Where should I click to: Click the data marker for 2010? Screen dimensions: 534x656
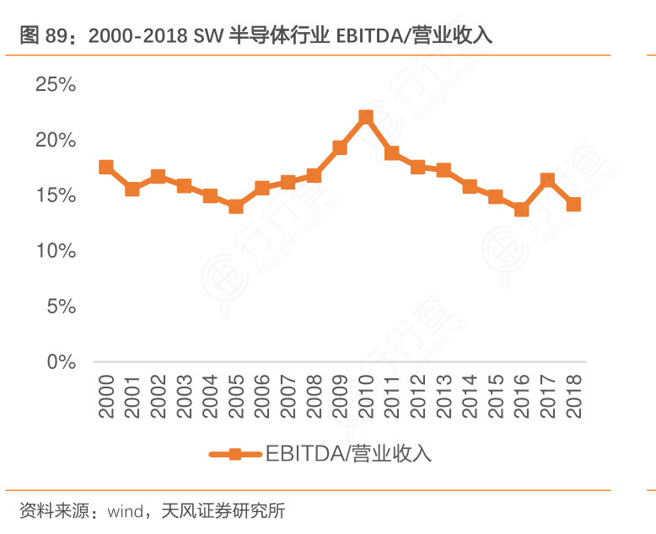pyautogui.click(x=366, y=118)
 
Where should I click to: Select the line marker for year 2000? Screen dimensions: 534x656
pyautogui.click(x=106, y=168)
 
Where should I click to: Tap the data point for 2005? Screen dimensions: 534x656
pyautogui.click(x=236, y=206)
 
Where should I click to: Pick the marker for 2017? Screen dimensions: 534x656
pyautogui.click(x=547, y=180)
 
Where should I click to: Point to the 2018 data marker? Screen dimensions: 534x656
pyautogui.click(x=573, y=205)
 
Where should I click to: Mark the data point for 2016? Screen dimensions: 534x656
pyautogui.click(x=521, y=210)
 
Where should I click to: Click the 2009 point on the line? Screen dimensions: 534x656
pyautogui.click(x=340, y=148)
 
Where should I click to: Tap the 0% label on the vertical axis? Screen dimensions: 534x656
pyautogui.click(x=62, y=362)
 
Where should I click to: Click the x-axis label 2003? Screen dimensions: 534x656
pyautogui.click(x=184, y=397)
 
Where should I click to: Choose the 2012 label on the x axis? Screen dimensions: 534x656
pyautogui.click(x=417, y=397)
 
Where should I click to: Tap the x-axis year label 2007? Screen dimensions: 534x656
pyautogui.click(x=288, y=397)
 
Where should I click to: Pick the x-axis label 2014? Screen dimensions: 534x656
pyautogui.click(x=470, y=397)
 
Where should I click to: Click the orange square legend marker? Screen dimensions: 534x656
pyautogui.click(x=235, y=454)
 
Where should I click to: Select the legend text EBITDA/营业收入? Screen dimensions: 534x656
pyautogui.click(x=348, y=454)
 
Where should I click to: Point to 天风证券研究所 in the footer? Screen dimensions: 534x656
pyautogui.click(x=223, y=511)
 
